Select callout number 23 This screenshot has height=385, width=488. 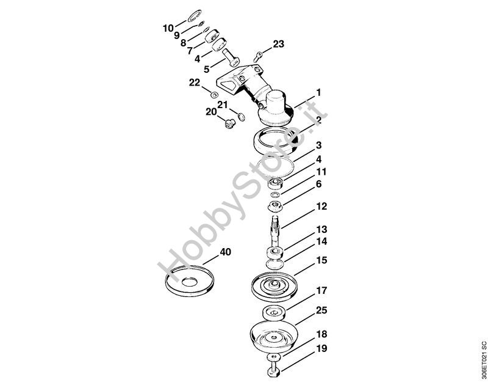pyautogui.click(x=278, y=44)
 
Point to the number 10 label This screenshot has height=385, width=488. pyautogui.click(x=168, y=28)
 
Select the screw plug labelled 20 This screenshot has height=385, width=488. pyautogui.click(x=230, y=125)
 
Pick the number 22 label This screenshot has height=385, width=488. pyautogui.click(x=194, y=82)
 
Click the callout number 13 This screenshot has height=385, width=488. pyautogui.click(x=321, y=230)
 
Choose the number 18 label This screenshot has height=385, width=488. pyautogui.click(x=321, y=335)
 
